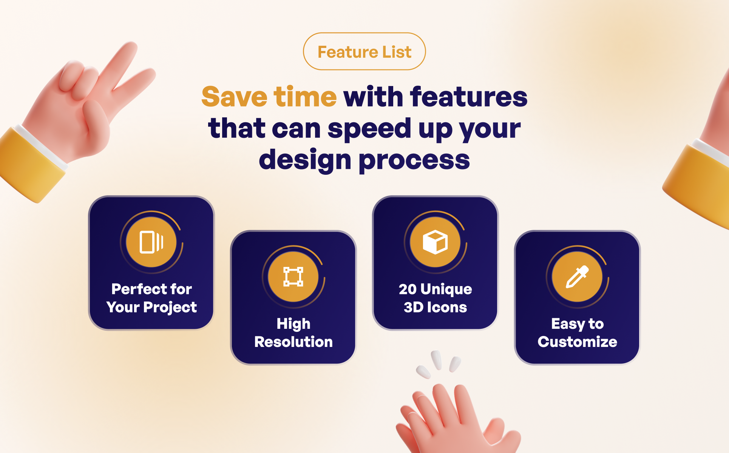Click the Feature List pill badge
(x=364, y=51)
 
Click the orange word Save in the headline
(x=234, y=97)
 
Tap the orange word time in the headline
(x=305, y=97)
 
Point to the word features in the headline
(x=468, y=97)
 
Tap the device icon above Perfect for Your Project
(x=151, y=242)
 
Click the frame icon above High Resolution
(x=293, y=276)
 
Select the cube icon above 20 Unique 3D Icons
(x=435, y=242)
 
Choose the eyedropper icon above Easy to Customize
(x=577, y=277)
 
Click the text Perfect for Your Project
(x=151, y=298)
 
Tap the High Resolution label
(x=293, y=333)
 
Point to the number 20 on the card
(x=408, y=289)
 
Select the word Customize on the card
(x=577, y=342)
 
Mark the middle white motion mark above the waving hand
(x=437, y=360)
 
